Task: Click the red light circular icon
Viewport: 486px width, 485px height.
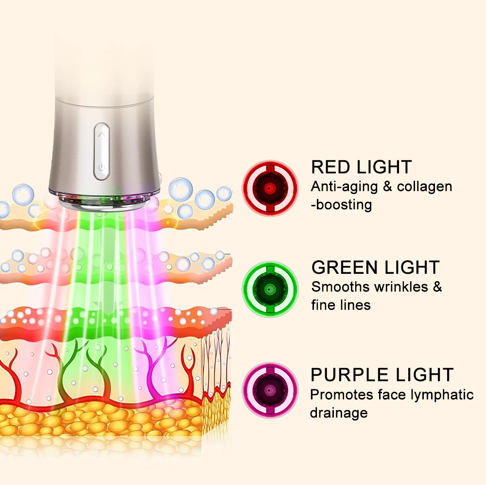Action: pos(270,188)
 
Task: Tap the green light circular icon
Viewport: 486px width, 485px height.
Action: pos(270,289)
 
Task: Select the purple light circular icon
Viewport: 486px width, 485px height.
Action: pos(270,390)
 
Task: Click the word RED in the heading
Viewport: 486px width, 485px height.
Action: pos(331,167)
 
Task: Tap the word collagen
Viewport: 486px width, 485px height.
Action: pos(425,187)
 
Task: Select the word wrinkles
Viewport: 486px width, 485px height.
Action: pos(401,287)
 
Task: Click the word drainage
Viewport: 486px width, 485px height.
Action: pos(339,413)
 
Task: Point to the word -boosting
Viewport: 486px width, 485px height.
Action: pos(342,205)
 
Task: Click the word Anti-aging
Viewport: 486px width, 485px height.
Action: pos(345,187)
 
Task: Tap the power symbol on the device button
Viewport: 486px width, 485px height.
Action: pos(102,167)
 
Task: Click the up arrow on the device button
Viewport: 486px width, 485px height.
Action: pos(102,135)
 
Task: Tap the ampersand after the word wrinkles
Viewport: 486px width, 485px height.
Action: pos(437,287)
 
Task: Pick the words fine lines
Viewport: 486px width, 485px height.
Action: pos(341,305)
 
